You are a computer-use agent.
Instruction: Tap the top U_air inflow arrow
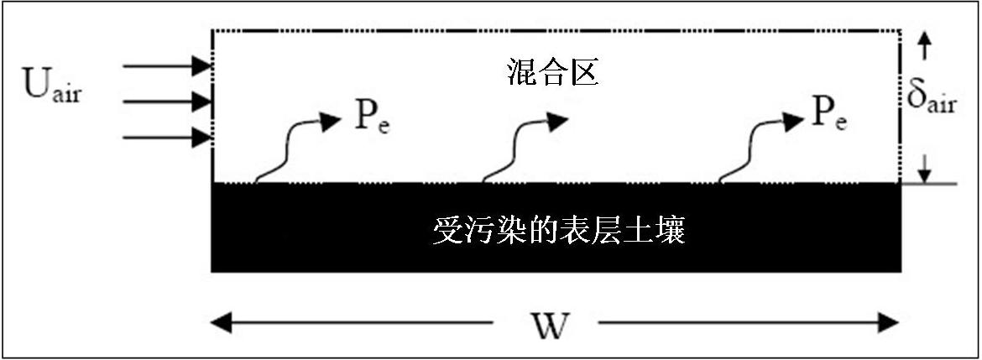pos(167,65)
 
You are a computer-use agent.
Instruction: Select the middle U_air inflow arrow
pos(167,101)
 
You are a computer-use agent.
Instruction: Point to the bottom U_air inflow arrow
pos(167,137)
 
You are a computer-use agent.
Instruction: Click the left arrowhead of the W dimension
pos(220,324)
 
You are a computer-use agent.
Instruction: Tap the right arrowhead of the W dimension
pos(890,324)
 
